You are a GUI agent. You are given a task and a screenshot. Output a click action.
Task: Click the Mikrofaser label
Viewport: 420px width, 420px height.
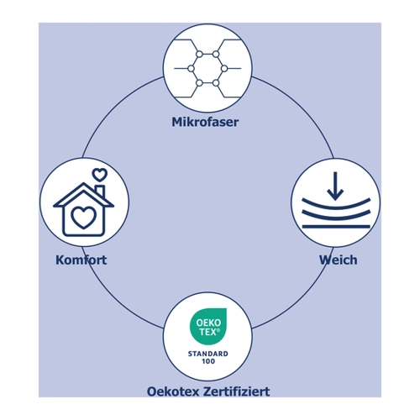click(x=205, y=122)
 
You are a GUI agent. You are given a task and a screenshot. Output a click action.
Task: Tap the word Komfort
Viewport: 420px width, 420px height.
click(x=81, y=260)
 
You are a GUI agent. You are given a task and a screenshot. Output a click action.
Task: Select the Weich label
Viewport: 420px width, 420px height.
click(x=339, y=260)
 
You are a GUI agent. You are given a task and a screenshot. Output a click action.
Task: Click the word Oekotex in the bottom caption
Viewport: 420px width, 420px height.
click(x=173, y=391)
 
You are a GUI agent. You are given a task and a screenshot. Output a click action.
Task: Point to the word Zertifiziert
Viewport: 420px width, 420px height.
click(x=237, y=391)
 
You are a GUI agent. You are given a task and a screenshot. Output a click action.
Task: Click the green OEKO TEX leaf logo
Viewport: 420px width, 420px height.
click(x=208, y=326)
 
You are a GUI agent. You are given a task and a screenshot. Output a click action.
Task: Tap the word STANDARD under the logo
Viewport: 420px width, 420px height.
click(x=208, y=354)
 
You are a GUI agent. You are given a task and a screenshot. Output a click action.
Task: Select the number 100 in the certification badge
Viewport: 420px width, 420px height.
click(x=208, y=361)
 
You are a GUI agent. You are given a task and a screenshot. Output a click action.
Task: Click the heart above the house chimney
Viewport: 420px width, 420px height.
click(x=100, y=175)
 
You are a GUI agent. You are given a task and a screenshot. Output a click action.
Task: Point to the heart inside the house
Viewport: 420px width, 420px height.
click(x=83, y=218)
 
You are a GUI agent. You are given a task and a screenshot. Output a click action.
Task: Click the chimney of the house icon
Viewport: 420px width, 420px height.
click(x=100, y=192)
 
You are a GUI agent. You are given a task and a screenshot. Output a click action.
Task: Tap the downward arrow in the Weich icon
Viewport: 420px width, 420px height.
click(x=335, y=186)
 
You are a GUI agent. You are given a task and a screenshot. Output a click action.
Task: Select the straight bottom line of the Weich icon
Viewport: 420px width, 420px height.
click(x=336, y=226)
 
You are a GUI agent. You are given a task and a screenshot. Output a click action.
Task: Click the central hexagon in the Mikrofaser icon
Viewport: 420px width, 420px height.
click(x=207, y=69)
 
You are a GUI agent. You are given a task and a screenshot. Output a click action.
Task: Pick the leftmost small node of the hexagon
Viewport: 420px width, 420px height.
click(x=191, y=69)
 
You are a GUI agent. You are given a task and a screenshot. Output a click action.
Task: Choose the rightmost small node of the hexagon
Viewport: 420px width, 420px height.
click(x=223, y=69)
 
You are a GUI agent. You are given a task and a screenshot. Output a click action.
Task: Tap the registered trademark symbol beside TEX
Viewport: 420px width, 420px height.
click(x=218, y=330)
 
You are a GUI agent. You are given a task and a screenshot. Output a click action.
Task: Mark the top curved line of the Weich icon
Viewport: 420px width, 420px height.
click(x=336, y=205)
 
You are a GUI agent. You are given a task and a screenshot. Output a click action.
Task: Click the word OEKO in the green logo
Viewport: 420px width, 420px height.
click(x=208, y=323)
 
